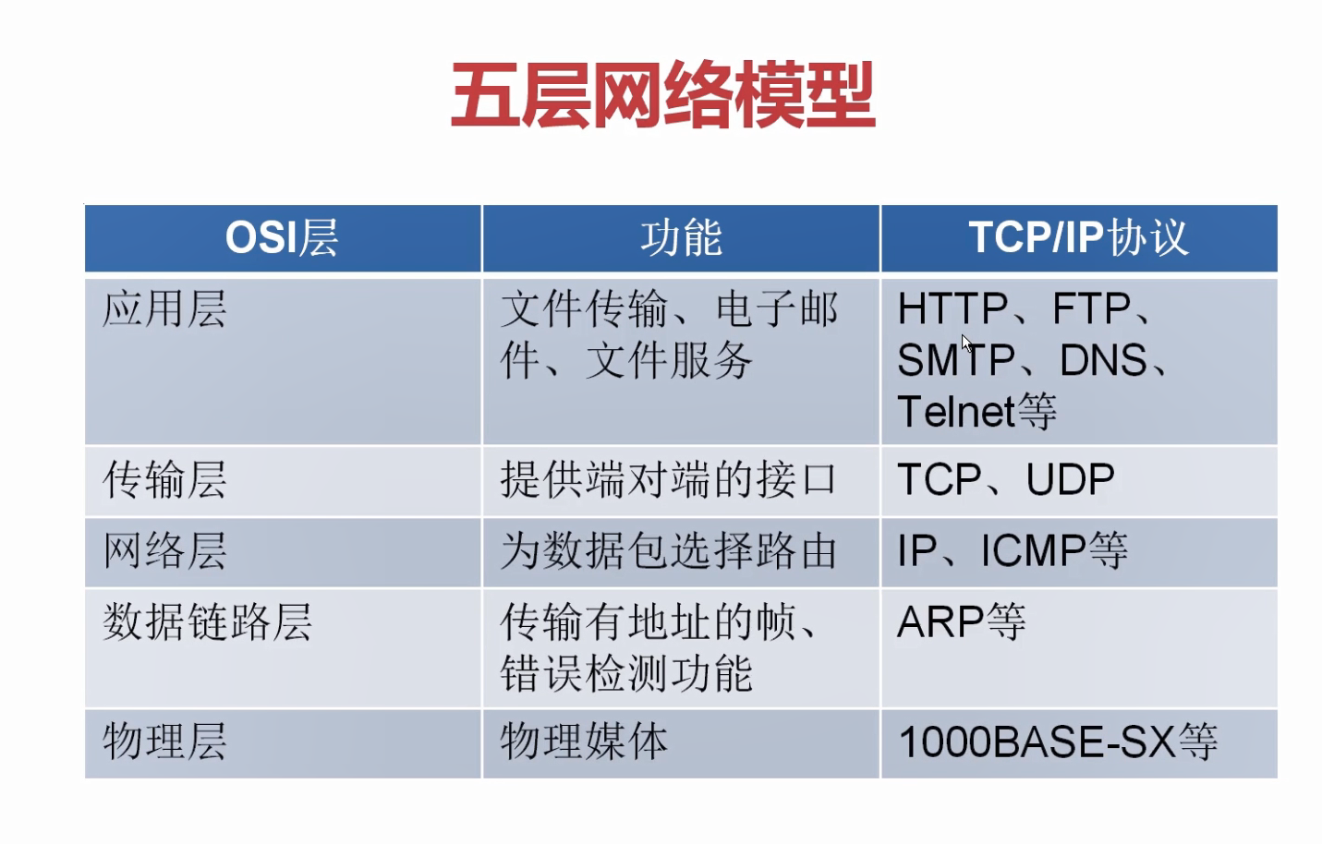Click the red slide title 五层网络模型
[662, 95]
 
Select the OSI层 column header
[282, 238]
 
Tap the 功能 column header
[681, 238]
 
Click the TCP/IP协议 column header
[1078, 238]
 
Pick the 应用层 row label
[164, 309]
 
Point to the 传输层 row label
[164, 480]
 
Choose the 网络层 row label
[164, 551]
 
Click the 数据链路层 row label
[207, 622]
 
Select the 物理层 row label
[164, 742]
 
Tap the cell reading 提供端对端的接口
[668, 480]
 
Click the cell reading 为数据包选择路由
[668, 551]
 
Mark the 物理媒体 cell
[584, 742]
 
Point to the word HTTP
[952, 309]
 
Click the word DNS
[1103, 361]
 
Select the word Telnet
[956, 412]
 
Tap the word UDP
[1070, 480]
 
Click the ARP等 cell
[961, 622]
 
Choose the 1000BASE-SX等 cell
[1058, 742]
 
